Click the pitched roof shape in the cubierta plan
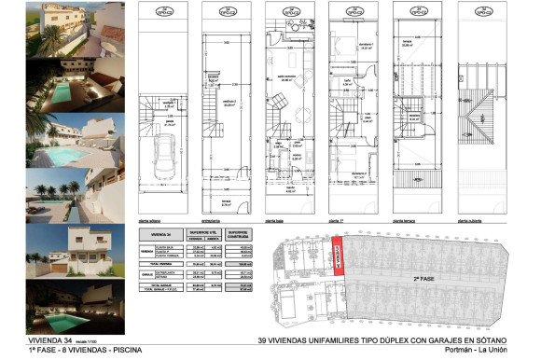[482, 116]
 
